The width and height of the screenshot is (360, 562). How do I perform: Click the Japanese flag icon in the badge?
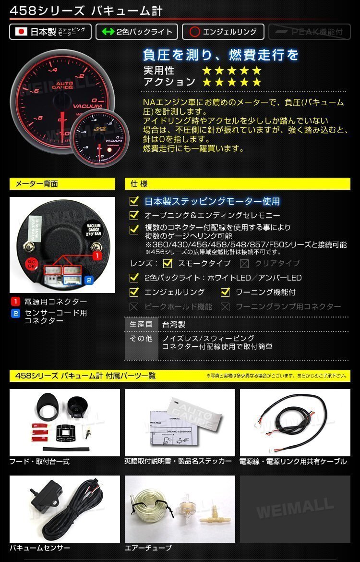[x=21, y=32]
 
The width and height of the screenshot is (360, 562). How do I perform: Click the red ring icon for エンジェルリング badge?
[x=194, y=32]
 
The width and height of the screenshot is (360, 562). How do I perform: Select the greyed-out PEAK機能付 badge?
[x=309, y=32]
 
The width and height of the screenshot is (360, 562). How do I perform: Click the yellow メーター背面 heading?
[x=62, y=184]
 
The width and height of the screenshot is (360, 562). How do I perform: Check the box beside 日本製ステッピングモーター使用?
[x=134, y=201]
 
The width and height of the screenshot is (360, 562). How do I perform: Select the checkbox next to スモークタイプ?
[x=168, y=263]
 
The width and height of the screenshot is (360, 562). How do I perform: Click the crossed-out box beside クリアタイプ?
[x=244, y=263]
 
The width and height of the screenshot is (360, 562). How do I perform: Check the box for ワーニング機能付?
[x=225, y=292]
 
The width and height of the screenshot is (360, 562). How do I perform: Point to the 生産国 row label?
[x=141, y=325]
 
